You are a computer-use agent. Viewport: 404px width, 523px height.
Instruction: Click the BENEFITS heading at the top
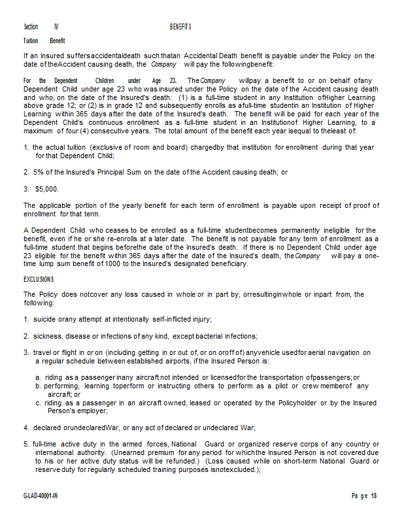click(x=180, y=27)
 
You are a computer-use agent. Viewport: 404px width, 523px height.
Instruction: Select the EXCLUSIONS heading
click(x=39, y=280)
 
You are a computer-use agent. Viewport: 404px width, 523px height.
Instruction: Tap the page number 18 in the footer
click(x=375, y=496)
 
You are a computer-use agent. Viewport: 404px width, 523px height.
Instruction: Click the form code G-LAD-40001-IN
click(x=44, y=496)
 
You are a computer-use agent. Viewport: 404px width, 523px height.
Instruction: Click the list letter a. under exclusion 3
click(x=39, y=377)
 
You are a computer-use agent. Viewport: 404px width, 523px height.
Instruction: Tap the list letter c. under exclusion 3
click(x=39, y=403)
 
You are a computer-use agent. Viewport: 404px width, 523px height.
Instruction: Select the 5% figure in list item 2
click(x=39, y=172)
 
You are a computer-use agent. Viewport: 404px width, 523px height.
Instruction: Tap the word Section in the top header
click(x=31, y=27)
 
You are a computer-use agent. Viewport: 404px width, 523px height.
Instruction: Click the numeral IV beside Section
click(x=56, y=27)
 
